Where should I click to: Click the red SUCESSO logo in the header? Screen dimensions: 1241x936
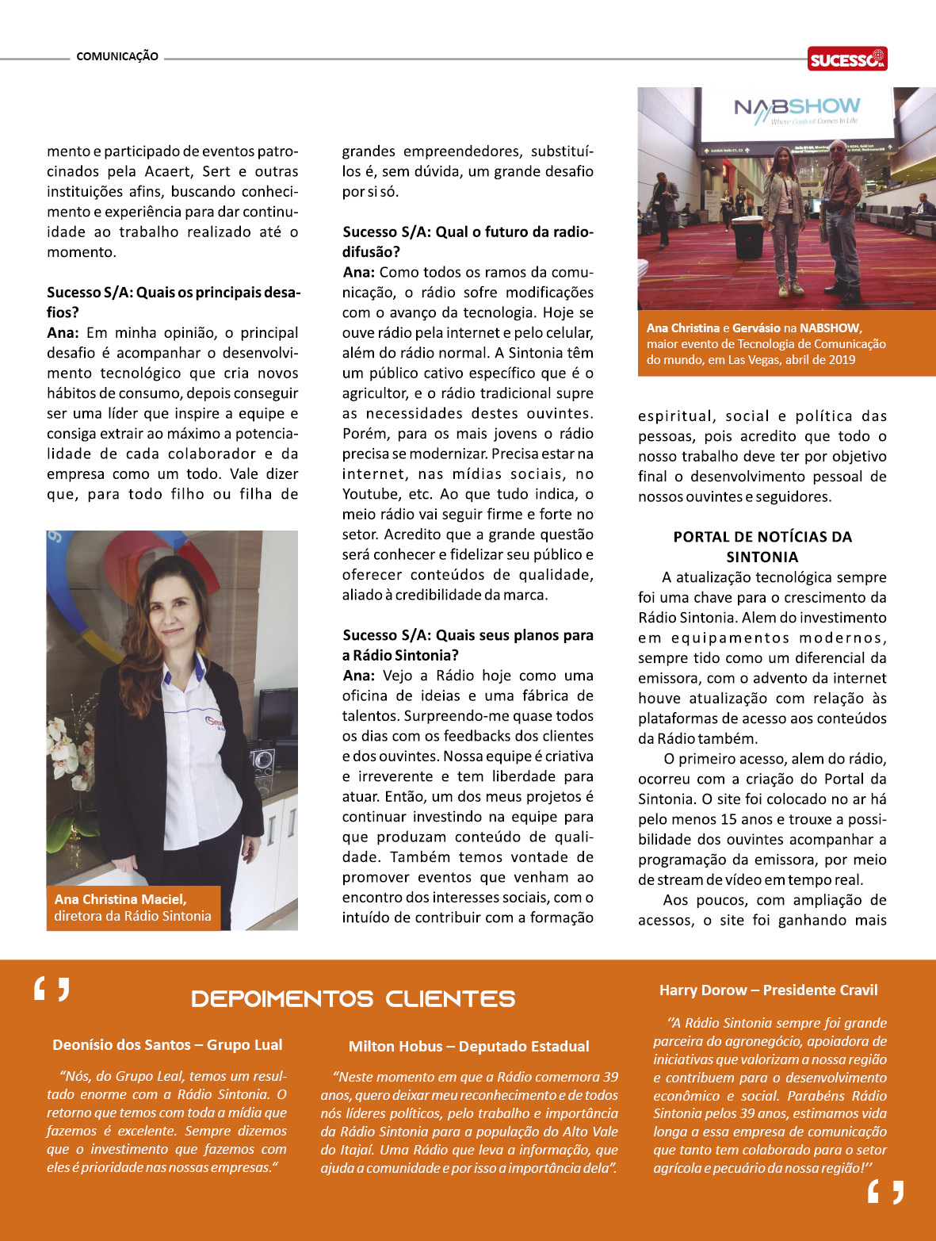[847, 59]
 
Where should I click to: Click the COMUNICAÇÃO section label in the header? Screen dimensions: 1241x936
[117, 56]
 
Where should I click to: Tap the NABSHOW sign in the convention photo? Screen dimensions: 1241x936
[797, 110]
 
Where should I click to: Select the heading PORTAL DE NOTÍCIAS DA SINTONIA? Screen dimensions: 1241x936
[762, 546]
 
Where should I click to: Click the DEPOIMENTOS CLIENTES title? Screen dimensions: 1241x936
[353, 998]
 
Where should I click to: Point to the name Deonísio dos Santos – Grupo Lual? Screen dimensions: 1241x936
[167, 1044]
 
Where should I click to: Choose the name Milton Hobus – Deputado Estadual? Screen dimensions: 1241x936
[468, 1046]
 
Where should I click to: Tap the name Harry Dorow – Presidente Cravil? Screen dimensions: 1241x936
[768, 990]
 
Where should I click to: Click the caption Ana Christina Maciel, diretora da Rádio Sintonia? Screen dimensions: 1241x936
[132, 907]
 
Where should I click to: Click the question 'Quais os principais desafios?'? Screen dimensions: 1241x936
[174, 302]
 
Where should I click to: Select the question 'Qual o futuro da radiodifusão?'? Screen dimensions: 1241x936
[468, 241]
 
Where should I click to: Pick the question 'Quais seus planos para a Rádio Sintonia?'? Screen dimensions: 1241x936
[468, 645]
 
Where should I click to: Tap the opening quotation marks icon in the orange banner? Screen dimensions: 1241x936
[52, 990]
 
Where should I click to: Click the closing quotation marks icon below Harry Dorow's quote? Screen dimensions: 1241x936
[885, 1191]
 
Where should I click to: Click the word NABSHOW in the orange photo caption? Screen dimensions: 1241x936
[829, 327]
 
